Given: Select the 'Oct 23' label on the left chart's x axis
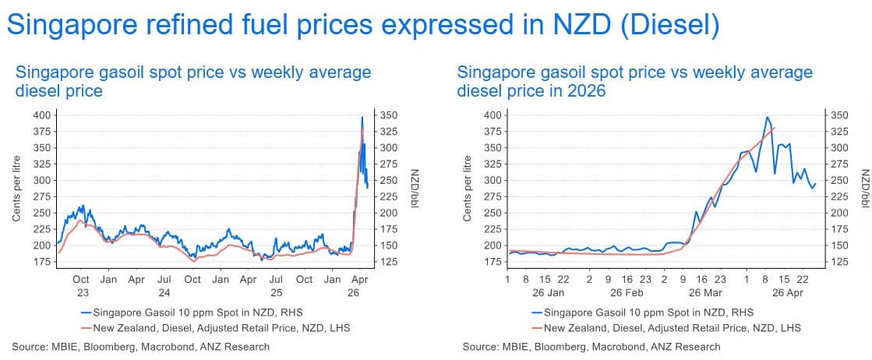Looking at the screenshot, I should (80, 285).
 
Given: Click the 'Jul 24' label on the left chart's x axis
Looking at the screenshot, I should (164, 285).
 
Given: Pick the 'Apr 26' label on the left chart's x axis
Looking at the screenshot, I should (359, 285).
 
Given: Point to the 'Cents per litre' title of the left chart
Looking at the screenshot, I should (16, 191).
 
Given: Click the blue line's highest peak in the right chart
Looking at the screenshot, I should (768, 117).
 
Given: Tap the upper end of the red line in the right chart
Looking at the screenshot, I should (774, 128).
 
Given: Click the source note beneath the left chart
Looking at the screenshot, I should (141, 347).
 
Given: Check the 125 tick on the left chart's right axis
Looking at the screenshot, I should (388, 262).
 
